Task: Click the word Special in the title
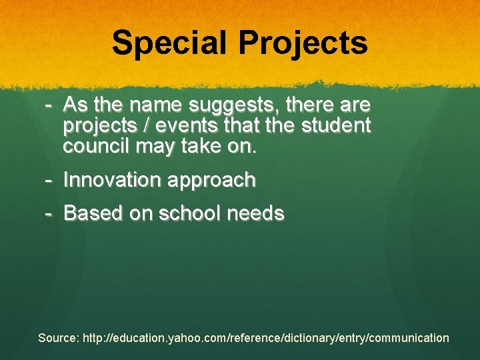coord(171,43)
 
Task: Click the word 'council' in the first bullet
coord(96,146)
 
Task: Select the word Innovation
coord(112,180)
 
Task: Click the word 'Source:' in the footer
coord(59,338)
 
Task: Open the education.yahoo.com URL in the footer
coord(266,338)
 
